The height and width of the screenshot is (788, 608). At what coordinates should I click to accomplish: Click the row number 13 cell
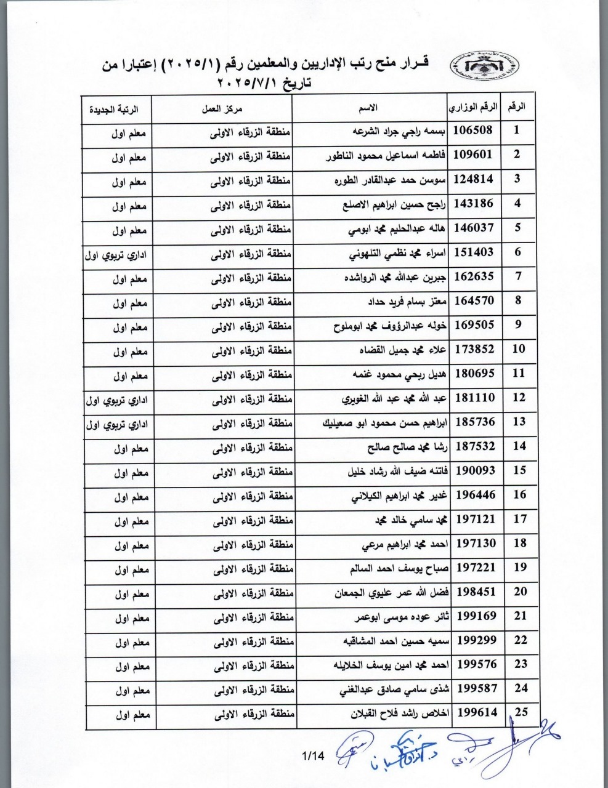pos(519,422)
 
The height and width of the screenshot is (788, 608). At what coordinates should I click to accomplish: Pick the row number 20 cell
pos(519,592)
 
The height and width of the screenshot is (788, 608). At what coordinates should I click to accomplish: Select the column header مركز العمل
pos(223,108)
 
